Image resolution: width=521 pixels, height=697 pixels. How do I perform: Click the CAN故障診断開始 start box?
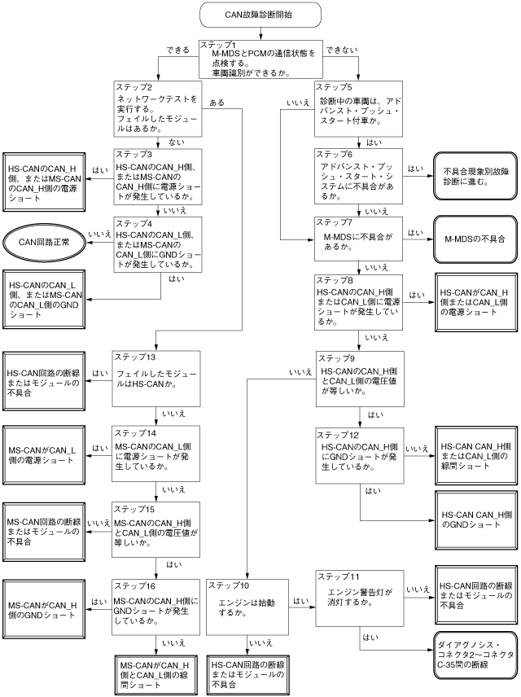[260, 15]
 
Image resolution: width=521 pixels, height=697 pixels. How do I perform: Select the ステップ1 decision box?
[260, 58]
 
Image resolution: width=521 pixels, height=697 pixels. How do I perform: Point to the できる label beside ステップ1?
[178, 50]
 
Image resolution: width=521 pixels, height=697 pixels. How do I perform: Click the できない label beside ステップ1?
[342, 50]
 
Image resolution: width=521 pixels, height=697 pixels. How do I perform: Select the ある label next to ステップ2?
[217, 103]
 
